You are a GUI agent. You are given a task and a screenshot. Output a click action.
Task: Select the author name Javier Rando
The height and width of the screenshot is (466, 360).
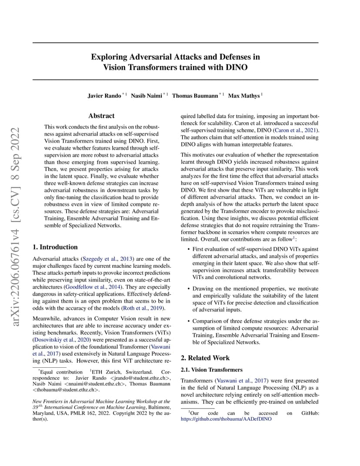(104, 96)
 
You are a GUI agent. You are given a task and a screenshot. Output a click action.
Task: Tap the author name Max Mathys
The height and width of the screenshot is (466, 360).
(244, 96)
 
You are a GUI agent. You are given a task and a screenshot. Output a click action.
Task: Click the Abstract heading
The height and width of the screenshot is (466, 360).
(101, 116)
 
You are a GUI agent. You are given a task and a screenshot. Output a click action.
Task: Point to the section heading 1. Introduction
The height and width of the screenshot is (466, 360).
(55, 247)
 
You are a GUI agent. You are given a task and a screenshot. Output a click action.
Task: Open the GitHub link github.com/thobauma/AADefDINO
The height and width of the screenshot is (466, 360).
(226, 419)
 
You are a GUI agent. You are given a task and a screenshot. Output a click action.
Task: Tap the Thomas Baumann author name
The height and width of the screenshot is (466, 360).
(196, 96)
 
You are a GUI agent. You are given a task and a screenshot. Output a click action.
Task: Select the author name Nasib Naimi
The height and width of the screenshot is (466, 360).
(147, 96)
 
